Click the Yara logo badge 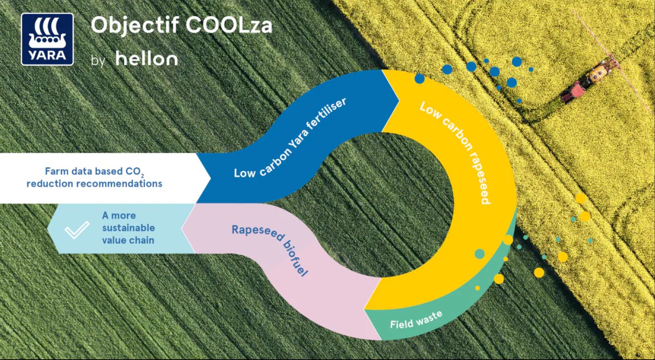pyautogui.click(x=47, y=39)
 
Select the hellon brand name pyautogui.click(x=146, y=59)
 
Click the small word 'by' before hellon pyautogui.click(x=98, y=61)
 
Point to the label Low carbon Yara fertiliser pyautogui.click(x=290, y=138)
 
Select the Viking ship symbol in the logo pyautogui.click(x=47, y=34)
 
